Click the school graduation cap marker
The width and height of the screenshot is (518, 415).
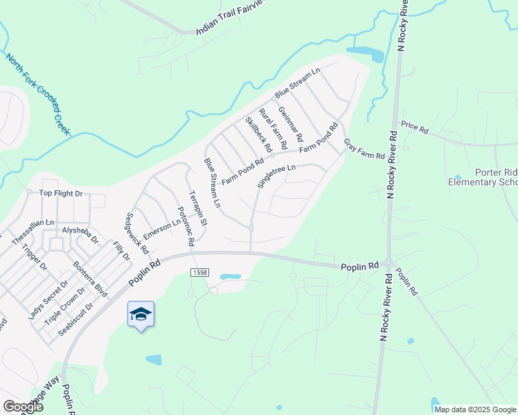click(x=141, y=315)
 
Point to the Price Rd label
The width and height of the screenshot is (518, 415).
click(x=415, y=127)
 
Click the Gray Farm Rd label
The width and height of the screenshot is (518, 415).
click(x=364, y=148)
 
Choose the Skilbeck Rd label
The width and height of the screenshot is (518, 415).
click(x=258, y=134)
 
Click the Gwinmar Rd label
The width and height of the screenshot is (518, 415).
click(x=290, y=120)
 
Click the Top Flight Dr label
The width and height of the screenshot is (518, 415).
click(x=60, y=194)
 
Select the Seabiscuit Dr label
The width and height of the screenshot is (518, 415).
click(x=75, y=319)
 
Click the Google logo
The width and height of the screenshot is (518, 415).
click(x=23, y=406)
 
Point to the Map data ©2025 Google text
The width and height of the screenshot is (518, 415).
click(x=475, y=409)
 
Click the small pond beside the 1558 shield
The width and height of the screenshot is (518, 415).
click(x=230, y=277)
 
